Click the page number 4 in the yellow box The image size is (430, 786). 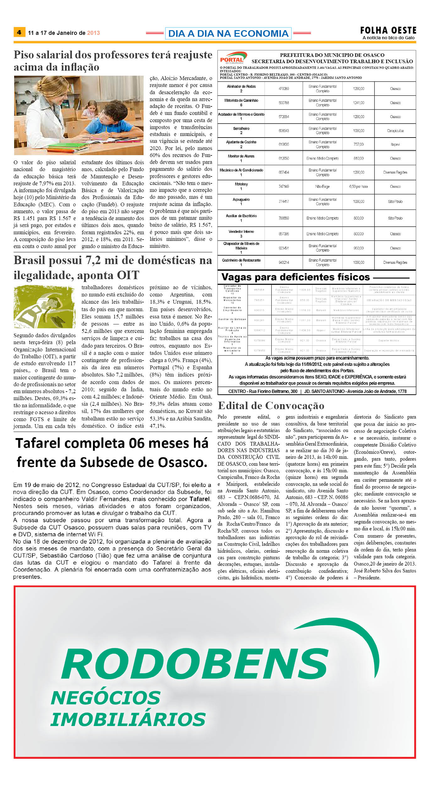pos(19,32)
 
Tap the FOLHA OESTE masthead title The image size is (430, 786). pos(388,30)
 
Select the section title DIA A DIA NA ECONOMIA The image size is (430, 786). pos(228,33)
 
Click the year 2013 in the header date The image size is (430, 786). pos(93,33)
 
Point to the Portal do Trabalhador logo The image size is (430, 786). pos(232,58)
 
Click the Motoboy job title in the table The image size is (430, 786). pos(241,184)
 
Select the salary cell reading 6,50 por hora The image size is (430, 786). pos(358,187)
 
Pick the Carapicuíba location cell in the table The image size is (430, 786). pos(395,131)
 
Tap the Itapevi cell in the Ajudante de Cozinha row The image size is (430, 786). pos(395,144)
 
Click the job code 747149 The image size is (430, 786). pos(284,187)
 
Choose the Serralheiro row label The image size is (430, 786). pos(241,128)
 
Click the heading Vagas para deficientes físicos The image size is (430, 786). pos(296,277)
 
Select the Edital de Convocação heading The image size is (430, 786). pos(271,405)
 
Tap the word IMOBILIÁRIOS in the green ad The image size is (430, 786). pos(128,720)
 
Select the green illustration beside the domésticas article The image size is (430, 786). pos(44,306)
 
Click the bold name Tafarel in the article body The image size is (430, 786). pos(199,499)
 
